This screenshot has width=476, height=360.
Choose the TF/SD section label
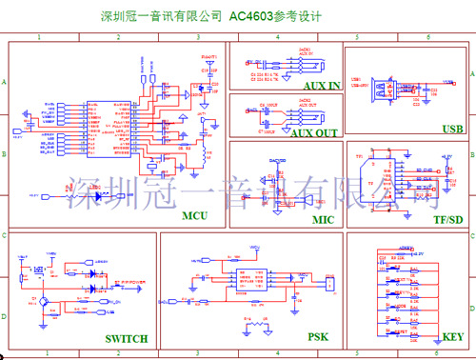(x=447, y=219)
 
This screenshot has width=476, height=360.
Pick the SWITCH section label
(x=127, y=338)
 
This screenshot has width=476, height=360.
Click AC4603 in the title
(x=251, y=17)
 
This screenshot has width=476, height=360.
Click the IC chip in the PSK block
(x=251, y=277)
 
